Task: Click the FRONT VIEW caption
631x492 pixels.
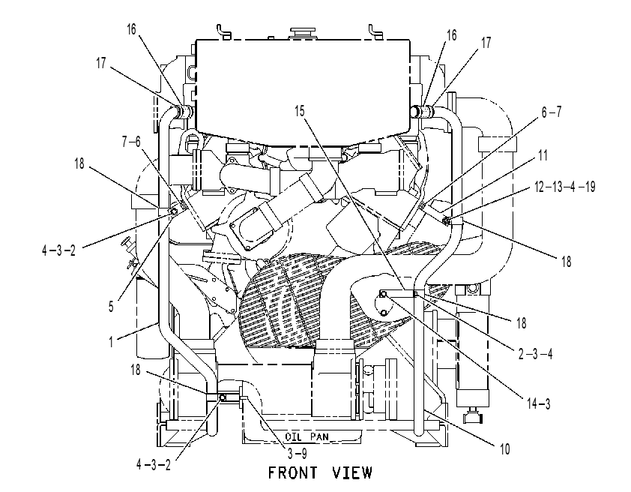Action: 320,472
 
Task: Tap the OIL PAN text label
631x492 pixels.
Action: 307,436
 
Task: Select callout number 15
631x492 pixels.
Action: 300,111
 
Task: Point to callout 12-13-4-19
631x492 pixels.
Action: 564,187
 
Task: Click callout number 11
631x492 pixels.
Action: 543,155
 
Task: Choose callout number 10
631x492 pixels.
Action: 504,448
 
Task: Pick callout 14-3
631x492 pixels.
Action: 538,403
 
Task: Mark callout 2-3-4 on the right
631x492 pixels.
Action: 535,354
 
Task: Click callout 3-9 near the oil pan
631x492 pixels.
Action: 298,454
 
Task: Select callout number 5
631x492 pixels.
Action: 111,307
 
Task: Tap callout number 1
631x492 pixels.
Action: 111,342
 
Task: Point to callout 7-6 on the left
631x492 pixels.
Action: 131,141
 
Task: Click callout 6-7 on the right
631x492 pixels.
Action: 552,112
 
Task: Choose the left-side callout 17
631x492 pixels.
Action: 100,63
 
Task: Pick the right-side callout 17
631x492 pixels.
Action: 486,43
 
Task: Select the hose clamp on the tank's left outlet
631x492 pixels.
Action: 184,112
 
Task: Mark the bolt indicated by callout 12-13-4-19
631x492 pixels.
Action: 446,220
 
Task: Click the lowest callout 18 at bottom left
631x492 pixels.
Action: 136,370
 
